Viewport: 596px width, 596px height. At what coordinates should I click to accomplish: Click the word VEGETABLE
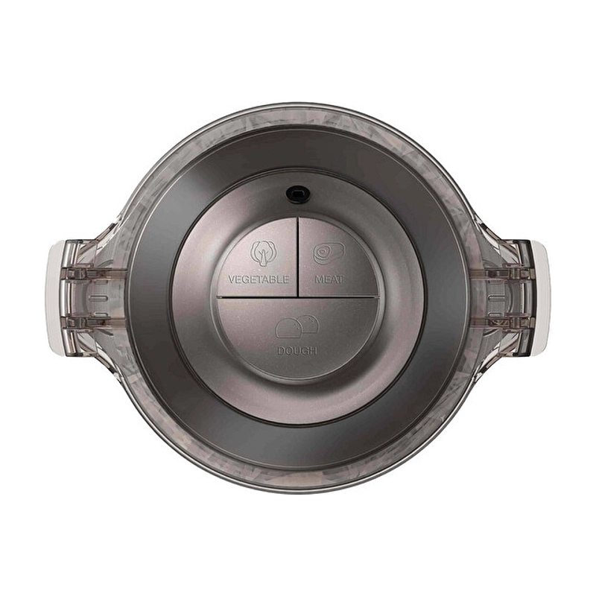[258, 279]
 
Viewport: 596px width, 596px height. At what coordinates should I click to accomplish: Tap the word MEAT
[329, 279]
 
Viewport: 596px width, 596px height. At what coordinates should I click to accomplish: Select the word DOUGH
[297, 350]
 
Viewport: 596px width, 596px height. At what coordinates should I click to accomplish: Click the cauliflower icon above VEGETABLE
[263, 253]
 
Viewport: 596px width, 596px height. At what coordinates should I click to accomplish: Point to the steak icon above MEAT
[328, 253]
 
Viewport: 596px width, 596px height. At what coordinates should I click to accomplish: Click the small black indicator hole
[297, 193]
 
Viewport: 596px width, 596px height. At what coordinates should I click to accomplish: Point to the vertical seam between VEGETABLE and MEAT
[298, 257]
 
